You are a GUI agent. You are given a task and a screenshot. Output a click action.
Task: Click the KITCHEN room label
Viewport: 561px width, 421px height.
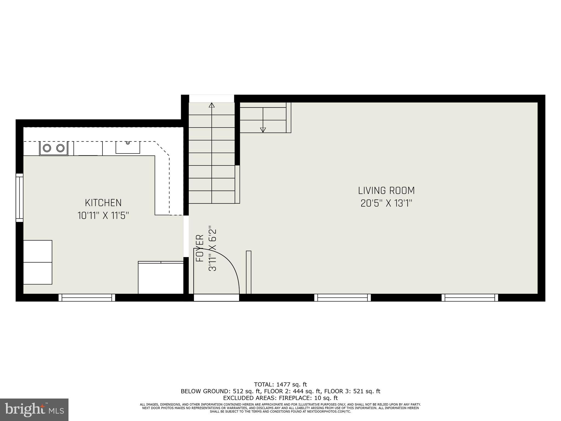tap(103, 203)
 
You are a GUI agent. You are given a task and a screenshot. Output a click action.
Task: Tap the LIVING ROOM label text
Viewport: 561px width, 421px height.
tap(386, 190)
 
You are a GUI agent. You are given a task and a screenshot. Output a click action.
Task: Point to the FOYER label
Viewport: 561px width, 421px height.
tap(200, 248)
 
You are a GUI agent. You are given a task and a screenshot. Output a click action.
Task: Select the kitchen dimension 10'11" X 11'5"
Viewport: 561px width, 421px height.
tap(103, 216)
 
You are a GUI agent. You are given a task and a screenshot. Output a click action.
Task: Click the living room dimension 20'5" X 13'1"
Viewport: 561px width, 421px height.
tap(386, 203)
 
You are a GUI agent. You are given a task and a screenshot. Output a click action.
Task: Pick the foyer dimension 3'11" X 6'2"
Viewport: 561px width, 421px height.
tap(213, 248)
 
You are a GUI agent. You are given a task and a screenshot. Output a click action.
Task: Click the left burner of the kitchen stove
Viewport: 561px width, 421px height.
tap(47, 148)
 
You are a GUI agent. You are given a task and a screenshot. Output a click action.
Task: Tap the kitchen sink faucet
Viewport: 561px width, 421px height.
tap(128, 143)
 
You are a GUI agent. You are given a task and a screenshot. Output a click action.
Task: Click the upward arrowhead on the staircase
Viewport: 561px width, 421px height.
tap(211, 105)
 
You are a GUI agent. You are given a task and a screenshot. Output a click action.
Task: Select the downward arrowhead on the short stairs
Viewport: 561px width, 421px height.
tap(263, 130)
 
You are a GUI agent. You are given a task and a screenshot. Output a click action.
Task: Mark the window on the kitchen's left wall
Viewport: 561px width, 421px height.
tap(19, 198)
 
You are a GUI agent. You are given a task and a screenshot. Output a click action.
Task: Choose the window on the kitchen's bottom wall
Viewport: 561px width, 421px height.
tap(87, 297)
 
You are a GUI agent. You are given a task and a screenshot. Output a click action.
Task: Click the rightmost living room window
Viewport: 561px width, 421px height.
tap(470, 297)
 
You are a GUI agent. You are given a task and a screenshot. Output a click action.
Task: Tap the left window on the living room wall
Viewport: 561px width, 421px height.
tap(342, 297)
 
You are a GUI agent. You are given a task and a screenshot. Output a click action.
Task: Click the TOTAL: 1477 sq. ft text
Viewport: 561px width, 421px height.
tap(280, 385)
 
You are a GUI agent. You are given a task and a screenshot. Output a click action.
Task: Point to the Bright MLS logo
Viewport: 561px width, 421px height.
tap(34, 409)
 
